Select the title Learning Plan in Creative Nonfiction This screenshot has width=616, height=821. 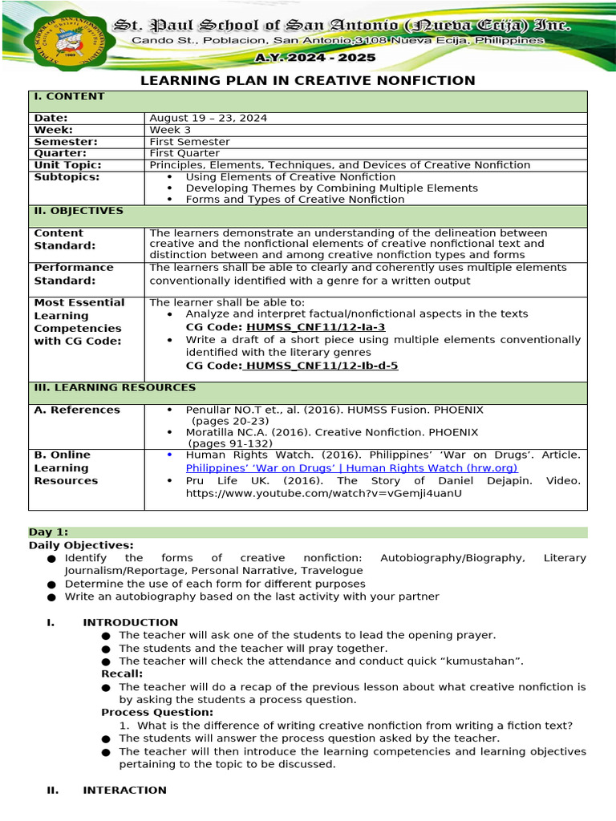308,80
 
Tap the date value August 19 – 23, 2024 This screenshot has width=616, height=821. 209,118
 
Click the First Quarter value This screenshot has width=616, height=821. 184,153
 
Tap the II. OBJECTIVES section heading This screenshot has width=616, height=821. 77,211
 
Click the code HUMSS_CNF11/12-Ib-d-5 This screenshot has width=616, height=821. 321,366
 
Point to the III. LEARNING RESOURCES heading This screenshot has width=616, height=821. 114,387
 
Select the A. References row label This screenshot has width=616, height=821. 77,410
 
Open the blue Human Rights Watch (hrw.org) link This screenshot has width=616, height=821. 351,467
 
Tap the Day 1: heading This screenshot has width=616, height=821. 49,532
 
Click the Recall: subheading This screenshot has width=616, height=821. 122,673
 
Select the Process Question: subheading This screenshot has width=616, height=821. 157,712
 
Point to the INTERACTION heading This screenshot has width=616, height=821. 124,790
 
